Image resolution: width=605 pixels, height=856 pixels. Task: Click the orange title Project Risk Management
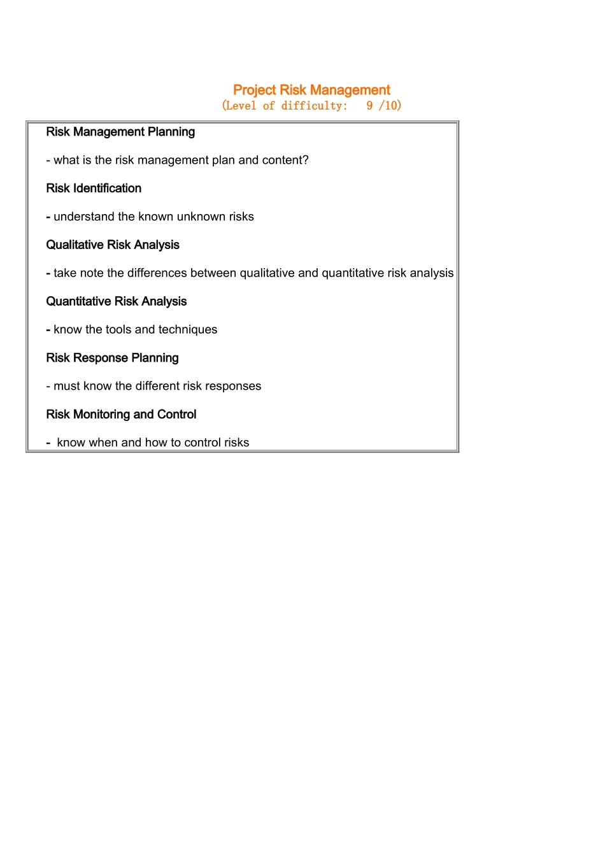pyautogui.click(x=311, y=90)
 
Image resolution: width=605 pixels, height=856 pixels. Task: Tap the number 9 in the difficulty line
pyautogui.click(x=369, y=106)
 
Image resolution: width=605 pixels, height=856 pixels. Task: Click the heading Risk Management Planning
pyautogui.click(x=120, y=132)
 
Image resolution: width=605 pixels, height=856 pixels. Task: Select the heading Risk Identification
pyautogui.click(x=94, y=189)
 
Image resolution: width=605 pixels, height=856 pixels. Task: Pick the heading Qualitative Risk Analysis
pyautogui.click(x=113, y=245)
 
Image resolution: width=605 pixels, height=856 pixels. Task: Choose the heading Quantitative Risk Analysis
pyautogui.click(x=117, y=301)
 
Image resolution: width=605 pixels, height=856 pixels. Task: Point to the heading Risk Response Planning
pyautogui.click(x=112, y=358)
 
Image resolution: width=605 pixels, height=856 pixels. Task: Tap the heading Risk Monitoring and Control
pyautogui.click(x=121, y=415)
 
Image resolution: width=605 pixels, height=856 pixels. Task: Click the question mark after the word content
pyautogui.click(x=306, y=160)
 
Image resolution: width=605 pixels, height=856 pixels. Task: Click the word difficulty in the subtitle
pyautogui.click(x=315, y=106)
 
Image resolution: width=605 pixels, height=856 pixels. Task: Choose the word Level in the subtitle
pyautogui.click(x=242, y=106)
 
